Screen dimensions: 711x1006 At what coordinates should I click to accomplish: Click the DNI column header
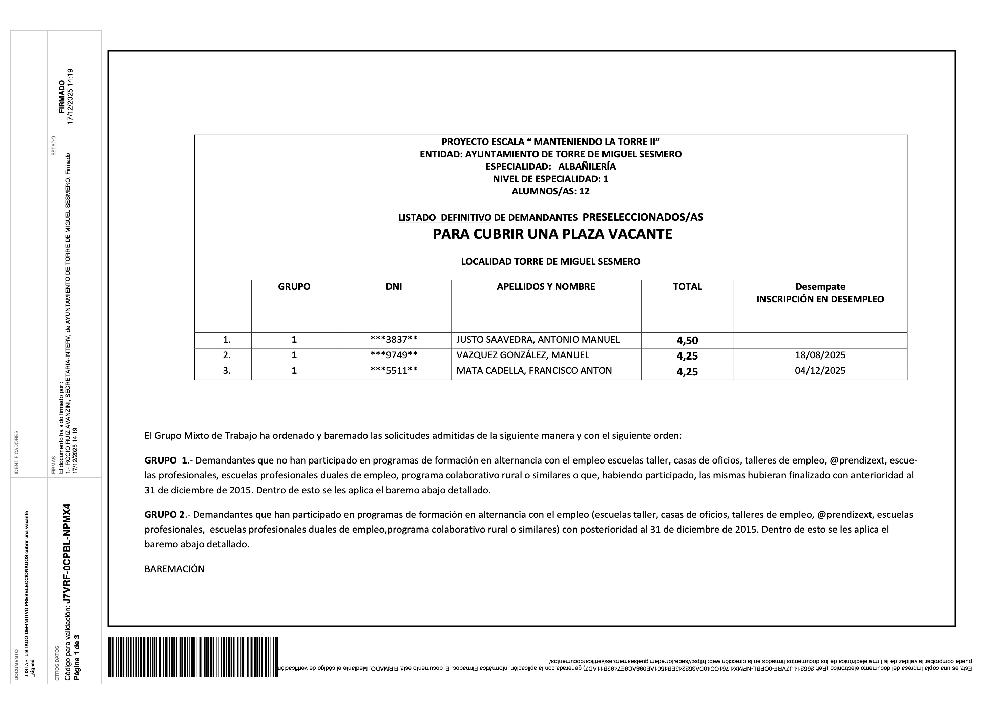click(x=394, y=287)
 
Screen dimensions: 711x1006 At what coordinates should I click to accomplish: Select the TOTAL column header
click(x=687, y=287)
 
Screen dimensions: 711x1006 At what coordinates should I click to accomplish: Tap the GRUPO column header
click(x=294, y=287)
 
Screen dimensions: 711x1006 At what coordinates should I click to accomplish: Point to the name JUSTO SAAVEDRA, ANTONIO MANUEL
click(x=538, y=340)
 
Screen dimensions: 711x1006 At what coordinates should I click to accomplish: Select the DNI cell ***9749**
click(x=394, y=355)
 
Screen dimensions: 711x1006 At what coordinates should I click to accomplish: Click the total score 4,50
click(x=687, y=340)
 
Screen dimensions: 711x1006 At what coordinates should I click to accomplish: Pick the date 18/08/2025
click(x=820, y=355)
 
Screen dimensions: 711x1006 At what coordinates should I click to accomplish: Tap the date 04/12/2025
click(x=820, y=371)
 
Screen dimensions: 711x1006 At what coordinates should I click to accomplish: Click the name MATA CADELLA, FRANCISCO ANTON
click(x=534, y=371)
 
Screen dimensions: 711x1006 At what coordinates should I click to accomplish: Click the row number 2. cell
click(x=227, y=355)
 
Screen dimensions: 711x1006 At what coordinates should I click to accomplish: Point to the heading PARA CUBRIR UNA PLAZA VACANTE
click(x=552, y=234)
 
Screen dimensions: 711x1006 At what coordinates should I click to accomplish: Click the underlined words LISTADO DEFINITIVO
click(x=444, y=218)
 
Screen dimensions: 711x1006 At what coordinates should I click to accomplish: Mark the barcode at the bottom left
click(x=193, y=657)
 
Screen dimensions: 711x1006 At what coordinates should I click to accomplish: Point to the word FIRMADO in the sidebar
click(x=62, y=97)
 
